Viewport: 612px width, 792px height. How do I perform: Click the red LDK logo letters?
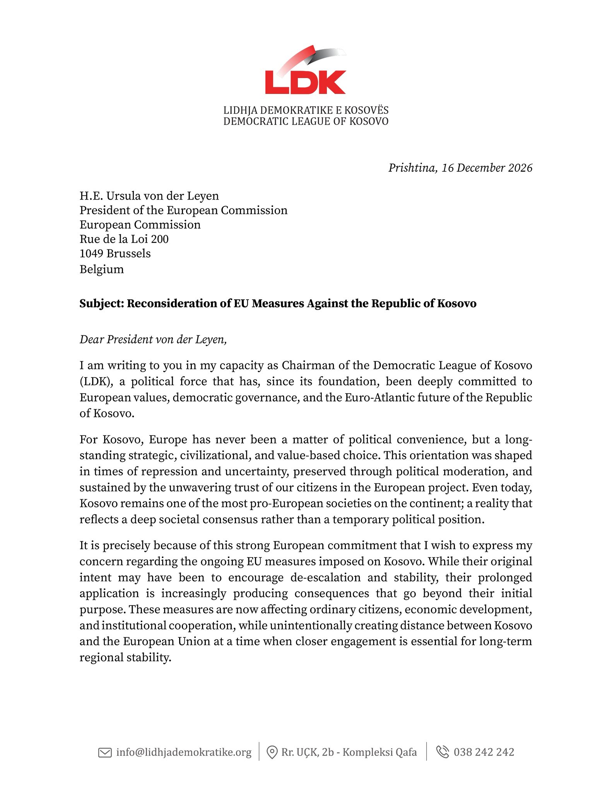click(305, 82)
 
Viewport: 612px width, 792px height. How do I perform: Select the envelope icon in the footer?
click(105, 753)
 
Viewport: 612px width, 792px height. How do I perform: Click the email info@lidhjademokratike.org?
click(184, 753)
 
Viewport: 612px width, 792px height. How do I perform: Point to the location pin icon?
click(272, 753)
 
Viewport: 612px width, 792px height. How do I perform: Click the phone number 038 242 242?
click(484, 752)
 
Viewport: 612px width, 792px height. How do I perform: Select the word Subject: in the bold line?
click(101, 304)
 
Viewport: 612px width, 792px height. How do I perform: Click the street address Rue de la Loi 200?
click(124, 239)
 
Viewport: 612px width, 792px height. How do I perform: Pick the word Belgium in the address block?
click(102, 269)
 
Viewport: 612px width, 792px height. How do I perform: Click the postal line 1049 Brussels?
click(115, 254)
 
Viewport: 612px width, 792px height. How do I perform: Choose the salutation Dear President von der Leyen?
click(153, 340)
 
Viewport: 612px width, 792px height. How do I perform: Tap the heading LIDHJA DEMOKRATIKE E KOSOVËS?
click(306, 111)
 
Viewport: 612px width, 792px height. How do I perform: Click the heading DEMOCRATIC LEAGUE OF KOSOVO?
click(306, 121)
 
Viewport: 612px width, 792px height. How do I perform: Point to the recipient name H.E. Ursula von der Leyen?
click(149, 196)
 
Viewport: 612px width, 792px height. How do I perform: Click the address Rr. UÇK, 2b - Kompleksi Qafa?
click(349, 753)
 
